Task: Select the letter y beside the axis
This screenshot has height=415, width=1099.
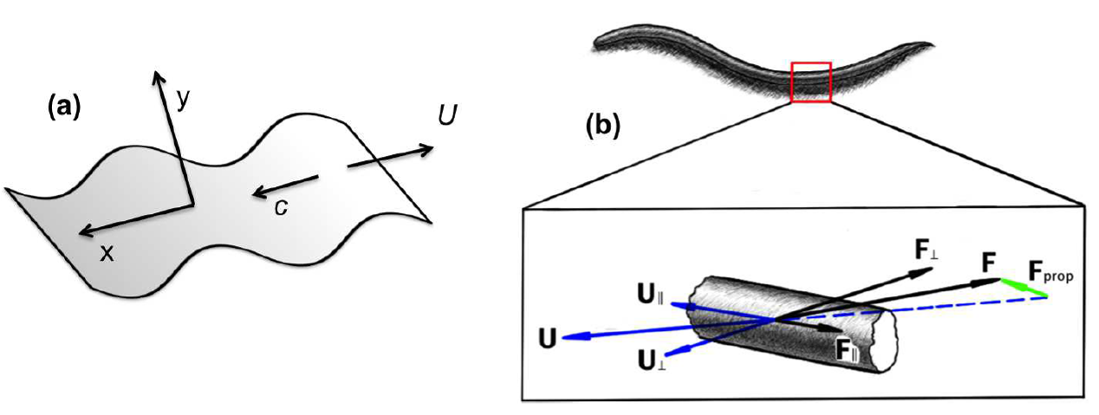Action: click(x=183, y=101)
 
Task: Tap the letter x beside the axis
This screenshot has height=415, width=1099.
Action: click(x=106, y=252)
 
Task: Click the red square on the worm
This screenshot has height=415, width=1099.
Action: click(x=811, y=82)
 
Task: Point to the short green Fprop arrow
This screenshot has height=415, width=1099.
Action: click(x=1023, y=288)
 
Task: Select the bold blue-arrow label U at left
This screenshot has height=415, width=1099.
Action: click(x=547, y=337)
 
